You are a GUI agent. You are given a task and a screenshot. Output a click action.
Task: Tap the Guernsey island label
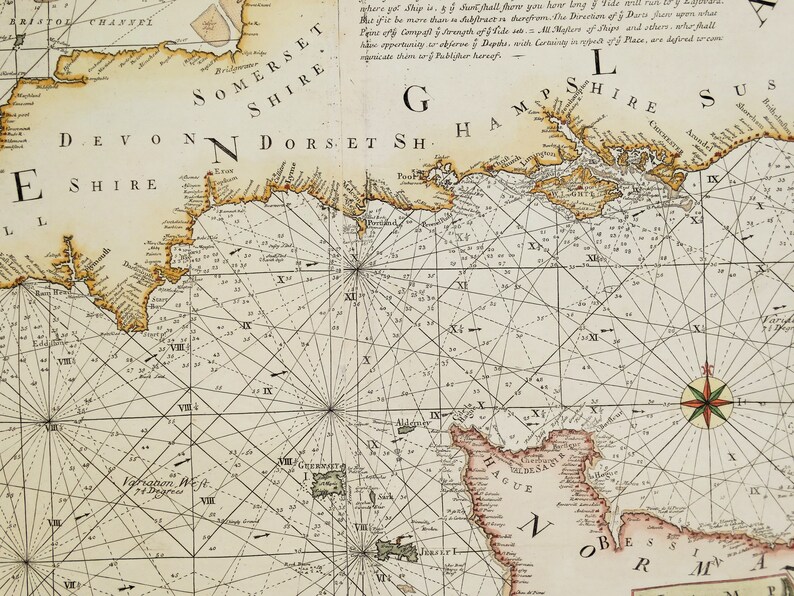(321, 466)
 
